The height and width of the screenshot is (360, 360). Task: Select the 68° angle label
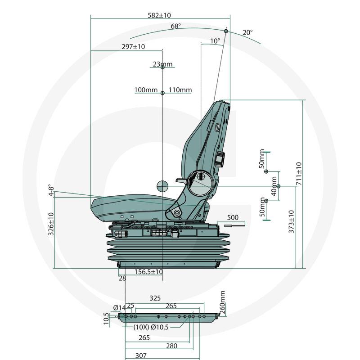coord(175,27)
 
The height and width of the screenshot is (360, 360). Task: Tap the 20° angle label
coord(247,32)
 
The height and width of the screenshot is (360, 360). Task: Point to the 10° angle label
coord(215,41)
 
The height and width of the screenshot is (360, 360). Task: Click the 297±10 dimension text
coord(133,47)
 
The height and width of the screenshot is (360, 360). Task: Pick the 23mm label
coord(162,64)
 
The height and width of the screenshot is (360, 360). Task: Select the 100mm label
coord(145,90)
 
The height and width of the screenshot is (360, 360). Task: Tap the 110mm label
coord(180,90)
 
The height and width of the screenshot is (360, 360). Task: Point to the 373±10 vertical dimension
coord(291,221)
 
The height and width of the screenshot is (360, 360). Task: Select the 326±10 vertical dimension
coord(51,224)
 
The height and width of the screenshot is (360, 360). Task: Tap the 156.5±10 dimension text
coord(149,272)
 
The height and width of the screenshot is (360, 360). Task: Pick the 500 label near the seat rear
coord(233,217)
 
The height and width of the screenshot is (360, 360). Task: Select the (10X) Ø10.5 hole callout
coord(151,327)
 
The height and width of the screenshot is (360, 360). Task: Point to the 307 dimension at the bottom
coord(141,355)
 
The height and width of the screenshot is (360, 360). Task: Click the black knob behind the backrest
coord(220,158)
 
